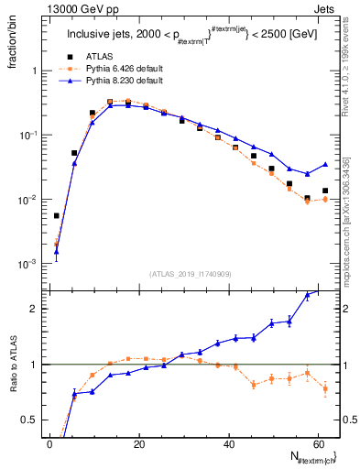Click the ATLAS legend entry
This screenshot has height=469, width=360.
pyautogui.click(x=98, y=55)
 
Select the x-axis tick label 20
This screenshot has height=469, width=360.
pyautogui.click(x=138, y=443)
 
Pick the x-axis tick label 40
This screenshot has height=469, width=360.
pyautogui.click(x=227, y=443)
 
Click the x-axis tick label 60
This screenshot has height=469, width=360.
pyautogui.click(x=316, y=443)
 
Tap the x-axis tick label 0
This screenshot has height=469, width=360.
pyautogui.click(x=49, y=443)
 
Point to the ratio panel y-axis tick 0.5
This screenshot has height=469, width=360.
pyautogui.click(x=27, y=420)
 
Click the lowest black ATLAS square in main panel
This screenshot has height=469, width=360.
pyautogui.click(x=57, y=216)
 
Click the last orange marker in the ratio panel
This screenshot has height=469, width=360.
pyautogui.click(x=324, y=389)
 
